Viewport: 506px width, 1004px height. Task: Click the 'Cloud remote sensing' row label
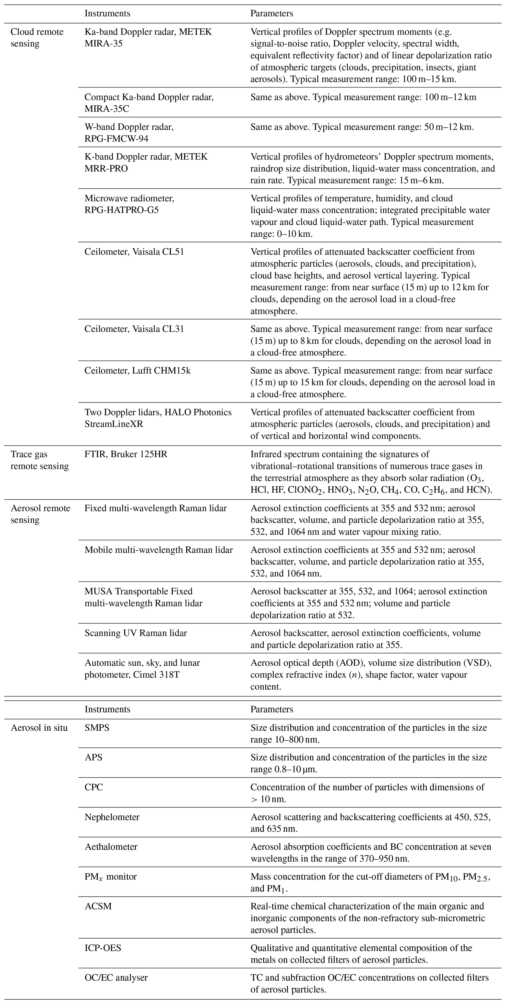[37, 38]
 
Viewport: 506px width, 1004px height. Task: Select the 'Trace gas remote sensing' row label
[39, 460]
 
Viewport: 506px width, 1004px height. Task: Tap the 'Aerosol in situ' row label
[39, 728]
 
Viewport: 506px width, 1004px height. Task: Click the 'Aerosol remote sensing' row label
[40, 514]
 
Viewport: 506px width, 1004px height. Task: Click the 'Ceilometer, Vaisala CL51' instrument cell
[134, 252]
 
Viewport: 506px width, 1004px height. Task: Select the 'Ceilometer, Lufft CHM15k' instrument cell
[138, 371]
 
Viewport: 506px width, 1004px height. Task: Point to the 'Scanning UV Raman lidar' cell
[136, 633]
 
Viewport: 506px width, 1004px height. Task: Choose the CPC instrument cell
[94, 787]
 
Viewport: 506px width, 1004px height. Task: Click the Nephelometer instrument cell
[112, 817]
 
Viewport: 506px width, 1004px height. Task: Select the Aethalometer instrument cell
[111, 846]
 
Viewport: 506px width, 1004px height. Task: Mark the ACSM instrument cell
[98, 906]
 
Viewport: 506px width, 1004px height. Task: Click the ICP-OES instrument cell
[103, 948]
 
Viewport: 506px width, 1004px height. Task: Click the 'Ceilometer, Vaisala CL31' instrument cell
[134, 329]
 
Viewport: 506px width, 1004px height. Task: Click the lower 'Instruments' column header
[107, 709]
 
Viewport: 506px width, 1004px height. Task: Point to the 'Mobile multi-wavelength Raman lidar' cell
[159, 550]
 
